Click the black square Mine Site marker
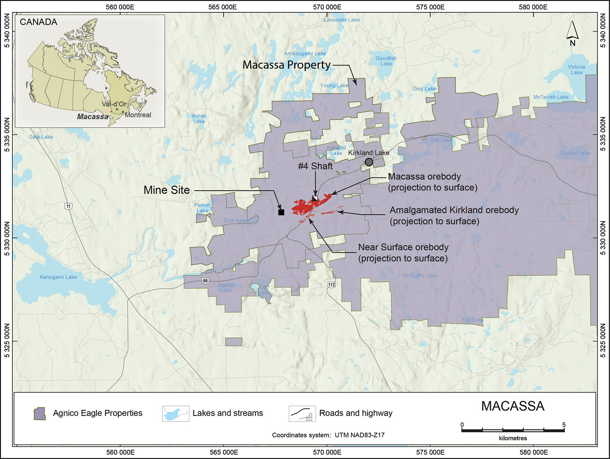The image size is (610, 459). point(281,212)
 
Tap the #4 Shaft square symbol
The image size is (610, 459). point(315,198)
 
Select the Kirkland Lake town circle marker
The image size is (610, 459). point(369,162)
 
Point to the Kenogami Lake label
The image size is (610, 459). point(58,277)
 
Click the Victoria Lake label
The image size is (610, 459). point(576,69)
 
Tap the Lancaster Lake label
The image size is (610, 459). point(342,20)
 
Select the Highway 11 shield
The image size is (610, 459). point(69,206)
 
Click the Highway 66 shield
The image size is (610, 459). point(205,281)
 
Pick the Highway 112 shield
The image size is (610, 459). point(331,285)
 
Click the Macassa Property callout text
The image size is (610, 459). point(287,65)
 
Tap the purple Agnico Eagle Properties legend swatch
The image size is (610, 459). point(39,413)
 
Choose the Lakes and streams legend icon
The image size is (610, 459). point(176,413)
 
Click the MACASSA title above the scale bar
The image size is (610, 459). point(513,406)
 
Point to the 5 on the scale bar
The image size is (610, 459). point(564,425)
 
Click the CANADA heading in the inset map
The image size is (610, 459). point(39,22)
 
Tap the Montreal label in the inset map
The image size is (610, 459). point(138,115)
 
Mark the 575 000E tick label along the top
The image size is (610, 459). point(430,7)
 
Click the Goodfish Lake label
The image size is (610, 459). point(386,61)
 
